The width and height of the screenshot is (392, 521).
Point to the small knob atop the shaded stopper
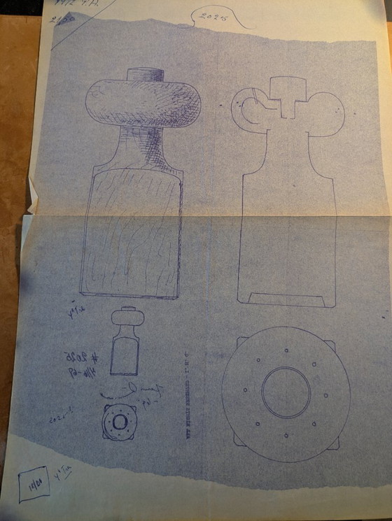(x=145, y=74)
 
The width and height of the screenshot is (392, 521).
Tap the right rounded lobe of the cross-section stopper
(x=325, y=113)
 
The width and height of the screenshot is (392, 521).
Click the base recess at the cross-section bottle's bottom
(x=288, y=299)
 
